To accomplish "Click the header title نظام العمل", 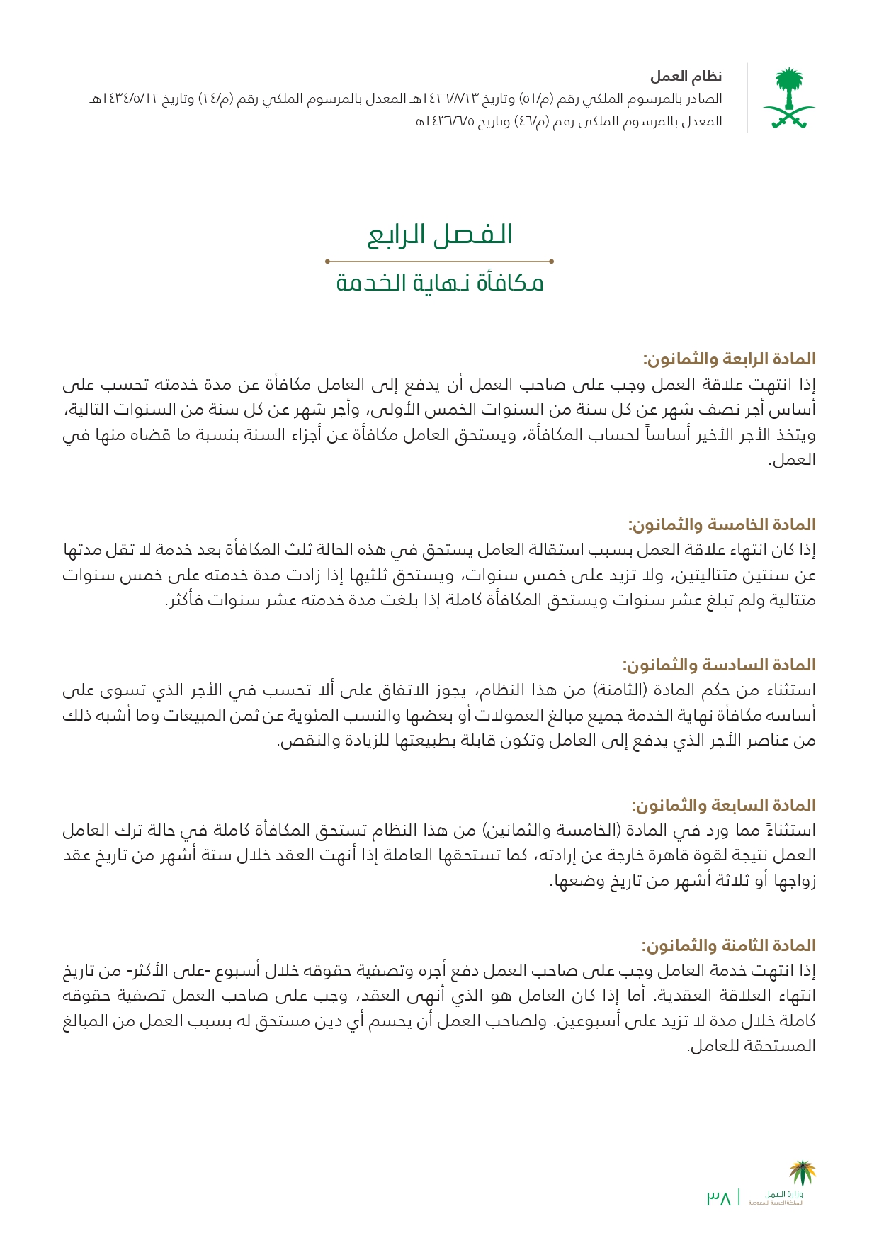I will click(686, 77).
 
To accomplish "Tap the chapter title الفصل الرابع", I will click(439, 235).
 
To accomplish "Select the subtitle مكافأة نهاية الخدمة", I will click(439, 283).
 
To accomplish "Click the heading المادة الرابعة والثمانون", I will click(729, 359).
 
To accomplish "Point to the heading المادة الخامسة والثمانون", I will click(722, 524).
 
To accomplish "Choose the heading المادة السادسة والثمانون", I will click(719, 665).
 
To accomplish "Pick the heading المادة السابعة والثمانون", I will click(723, 805).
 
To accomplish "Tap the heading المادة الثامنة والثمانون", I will click(728, 945).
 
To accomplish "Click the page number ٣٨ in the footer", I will click(718, 1198).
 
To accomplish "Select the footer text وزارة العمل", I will click(784, 1194).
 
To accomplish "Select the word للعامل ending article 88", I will click(710, 1046).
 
